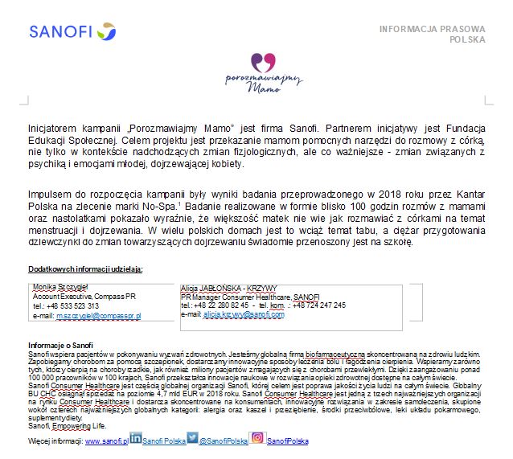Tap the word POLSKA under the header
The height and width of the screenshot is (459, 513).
(x=467, y=39)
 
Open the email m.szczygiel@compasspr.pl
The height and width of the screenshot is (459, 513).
(x=98, y=317)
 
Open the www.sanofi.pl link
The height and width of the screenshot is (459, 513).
(x=106, y=441)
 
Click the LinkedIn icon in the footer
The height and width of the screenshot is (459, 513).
(x=136, y=439)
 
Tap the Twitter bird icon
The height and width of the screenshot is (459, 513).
(x=192, y=438)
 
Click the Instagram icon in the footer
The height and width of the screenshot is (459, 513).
(x=257, y=438)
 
